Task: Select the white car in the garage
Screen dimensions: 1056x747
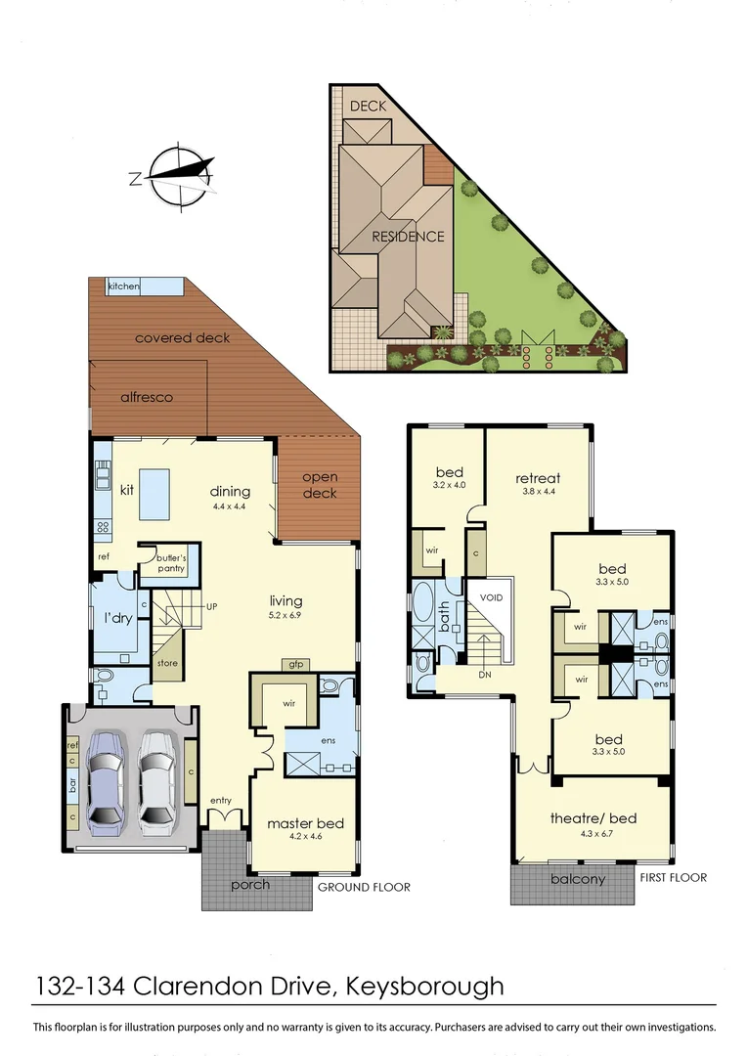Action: pyautogui.click(x=157, y=781)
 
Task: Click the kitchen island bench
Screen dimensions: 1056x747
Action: pyautogui.click(x=154, y=494)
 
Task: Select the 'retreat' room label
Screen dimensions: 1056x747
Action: pyautogui.click(x=537, y=478)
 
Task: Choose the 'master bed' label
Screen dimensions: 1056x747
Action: pyautogui.click(x=305, y=823)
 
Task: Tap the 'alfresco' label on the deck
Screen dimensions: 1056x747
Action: pyautogui.click(x=147, y=397)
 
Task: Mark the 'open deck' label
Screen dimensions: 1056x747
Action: pyautogui.click(x=320, y=485)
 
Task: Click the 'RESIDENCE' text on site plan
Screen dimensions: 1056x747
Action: pyautogui.click(x=408, y=236)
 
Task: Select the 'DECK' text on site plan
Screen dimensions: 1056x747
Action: pyautogui.click(x=369, y=106)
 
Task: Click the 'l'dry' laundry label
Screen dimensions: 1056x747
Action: pyautogui.click(x=118, y=619)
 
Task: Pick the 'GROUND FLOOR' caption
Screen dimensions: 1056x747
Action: pyautogui.click(x=364, y=887)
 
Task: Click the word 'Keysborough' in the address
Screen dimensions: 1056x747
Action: pyautogui.click(x=423, y=985)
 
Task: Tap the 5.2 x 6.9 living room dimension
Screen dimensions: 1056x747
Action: pyautogui.click(x=286, y=617)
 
